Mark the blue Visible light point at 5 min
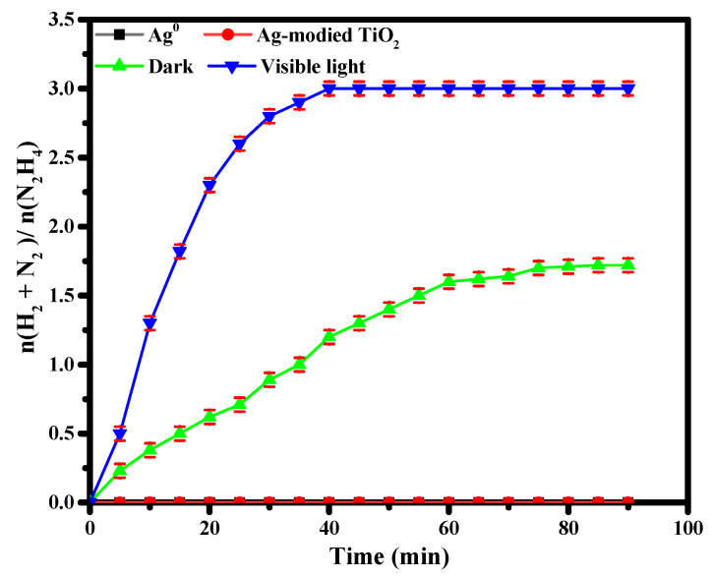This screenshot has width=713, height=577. click(120, 433)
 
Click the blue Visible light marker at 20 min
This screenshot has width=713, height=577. click(209, 185)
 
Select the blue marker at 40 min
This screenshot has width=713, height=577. click(329, 88)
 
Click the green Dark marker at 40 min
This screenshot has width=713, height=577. click(329, 336)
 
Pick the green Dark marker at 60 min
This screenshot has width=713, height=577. click(448, 281)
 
